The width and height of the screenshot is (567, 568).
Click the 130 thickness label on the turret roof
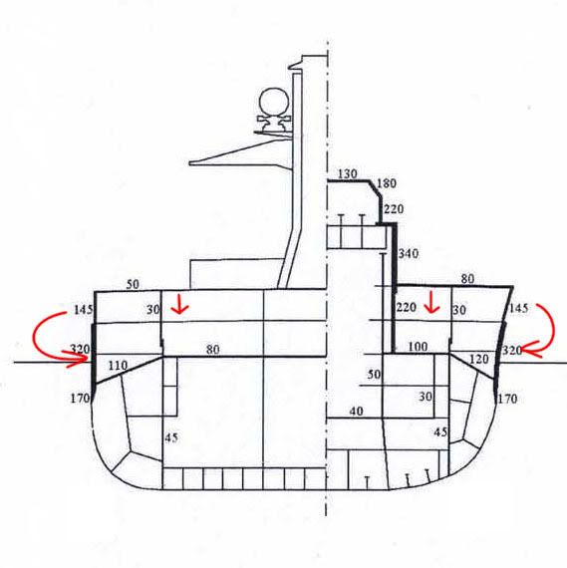tap(347, 173)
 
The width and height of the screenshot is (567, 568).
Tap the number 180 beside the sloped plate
tap(387, 183)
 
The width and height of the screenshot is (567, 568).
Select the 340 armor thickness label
tap(409, 253)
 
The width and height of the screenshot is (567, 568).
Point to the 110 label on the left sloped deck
tap(119, 366)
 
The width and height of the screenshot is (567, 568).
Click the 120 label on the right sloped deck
tap(478, 360)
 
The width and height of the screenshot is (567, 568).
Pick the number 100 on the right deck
tap(418, 347)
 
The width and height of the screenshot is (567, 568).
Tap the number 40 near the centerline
tap(357, 412)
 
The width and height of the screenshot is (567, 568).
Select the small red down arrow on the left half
tap(180, 305)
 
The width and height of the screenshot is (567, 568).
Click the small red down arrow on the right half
tap(431, 303)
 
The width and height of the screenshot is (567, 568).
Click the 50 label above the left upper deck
tap(133, 284)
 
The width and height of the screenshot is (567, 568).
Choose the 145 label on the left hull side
tap(84, 310)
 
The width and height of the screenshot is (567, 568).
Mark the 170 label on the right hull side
tap(507, 400)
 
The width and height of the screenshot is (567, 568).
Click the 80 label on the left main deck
tap(213, 350)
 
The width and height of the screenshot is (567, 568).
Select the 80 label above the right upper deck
tap(467, 279)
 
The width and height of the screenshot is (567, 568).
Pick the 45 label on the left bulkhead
tap(171, 437)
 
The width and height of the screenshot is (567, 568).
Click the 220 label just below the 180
tap(394, 209)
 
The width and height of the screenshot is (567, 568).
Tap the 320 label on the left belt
tap(80, 349)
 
